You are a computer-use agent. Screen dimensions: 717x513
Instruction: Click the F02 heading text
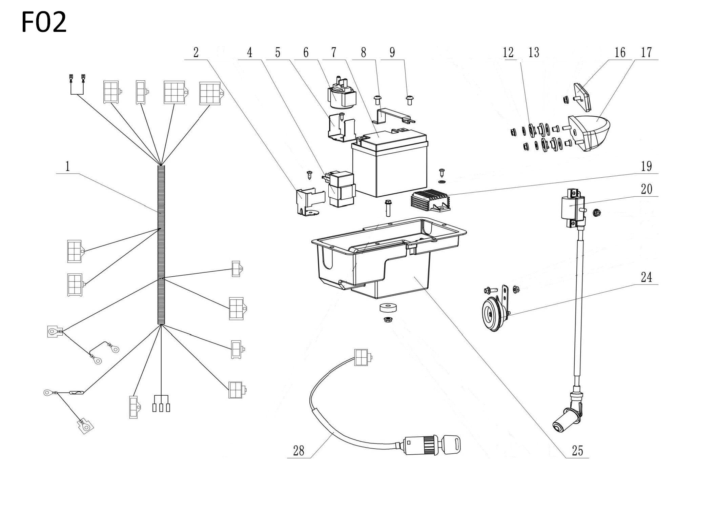coord(44,22)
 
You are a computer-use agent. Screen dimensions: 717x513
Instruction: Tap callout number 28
coord(299,451)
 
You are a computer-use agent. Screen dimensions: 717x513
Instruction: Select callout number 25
coord(577,451)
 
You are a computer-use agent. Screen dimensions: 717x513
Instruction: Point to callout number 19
coord(647,166)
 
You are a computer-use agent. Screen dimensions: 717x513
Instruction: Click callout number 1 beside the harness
coord(68,166)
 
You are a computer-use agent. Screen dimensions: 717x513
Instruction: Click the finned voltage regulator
coord(431,201)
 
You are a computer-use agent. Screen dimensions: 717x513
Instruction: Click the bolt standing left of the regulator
coord(388,209)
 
